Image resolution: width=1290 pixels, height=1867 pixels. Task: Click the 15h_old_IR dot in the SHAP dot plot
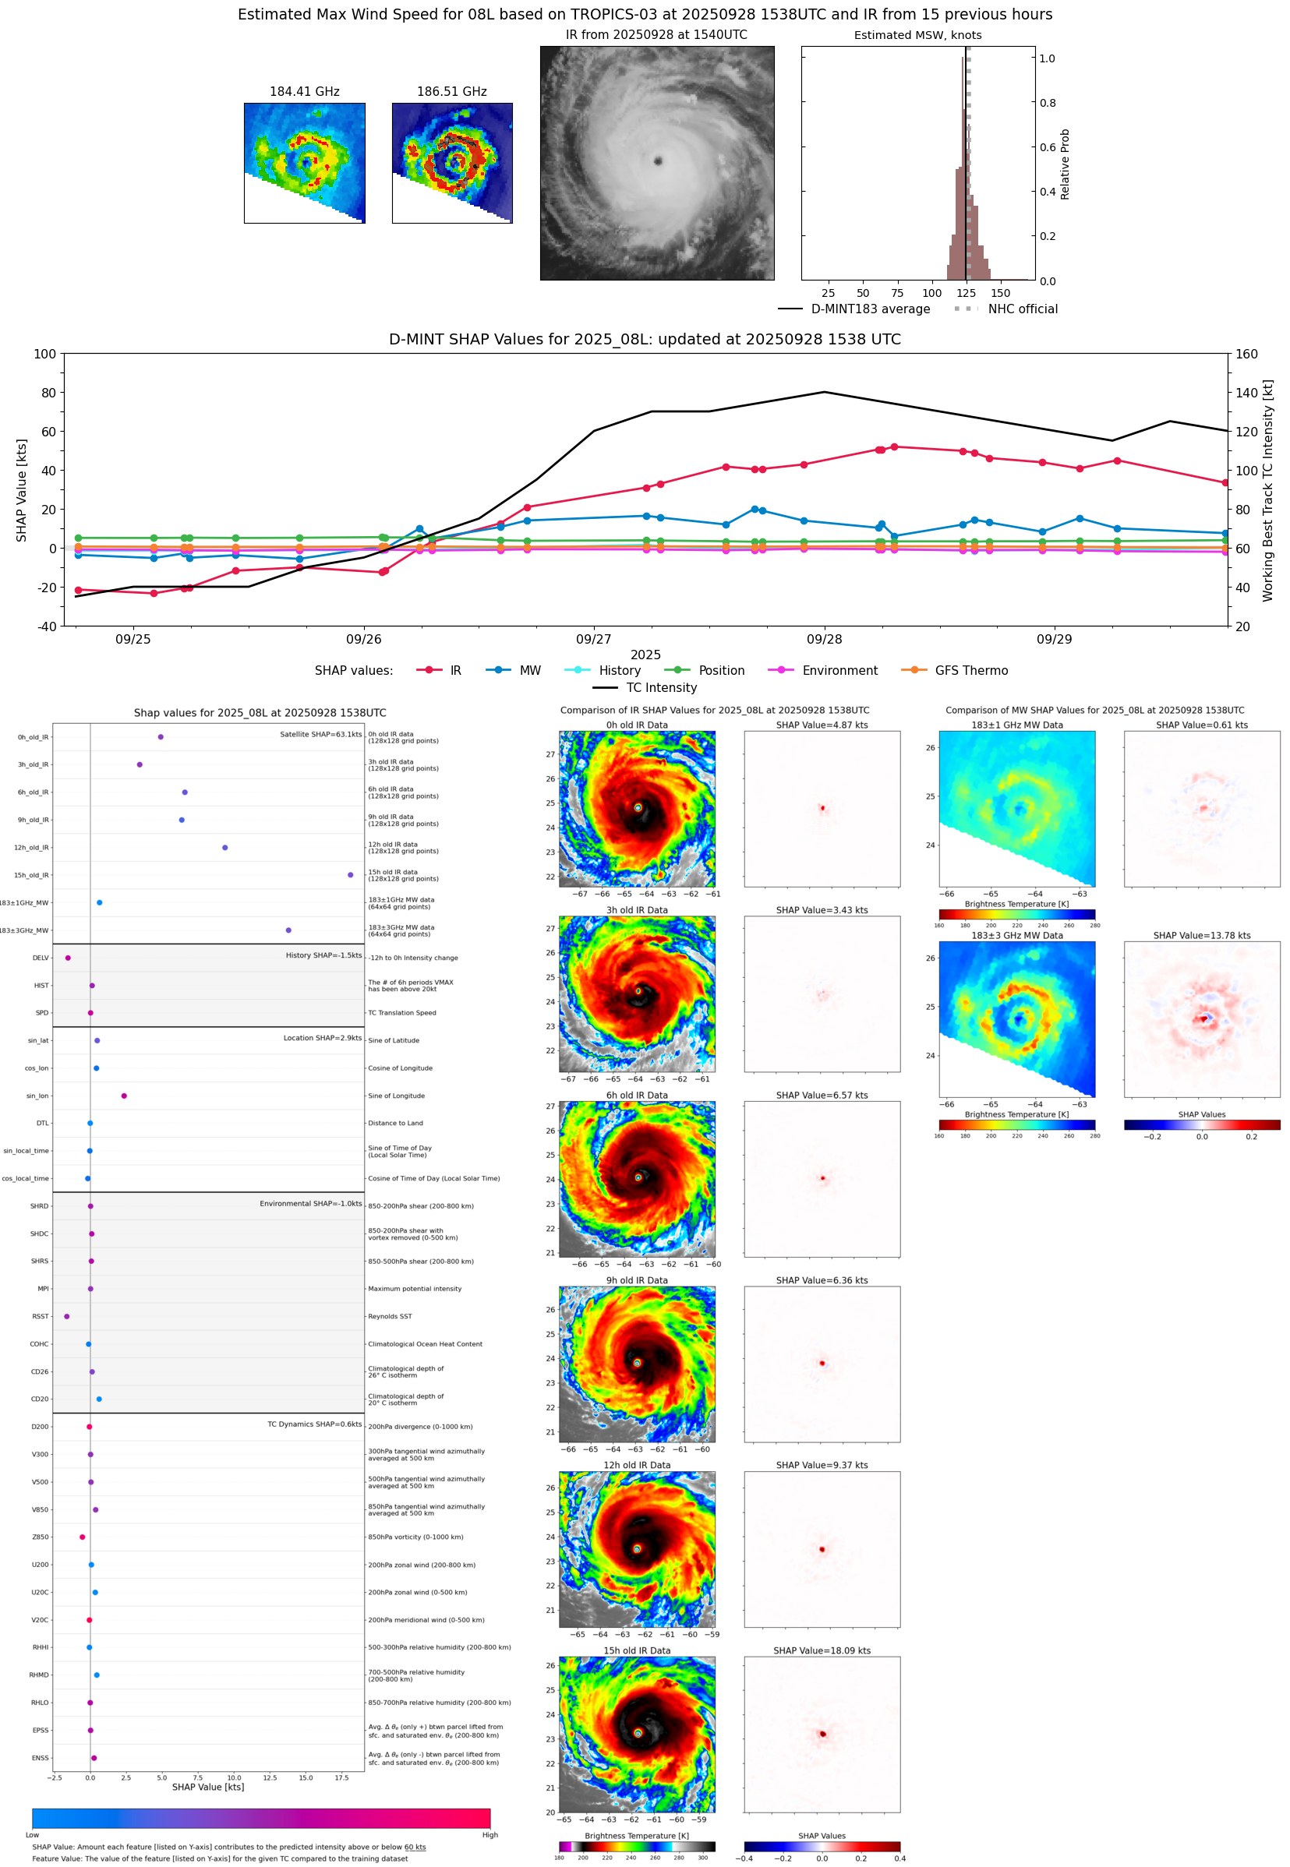(350, 875)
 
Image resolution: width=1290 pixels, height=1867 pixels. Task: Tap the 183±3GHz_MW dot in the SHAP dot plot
(288, 930)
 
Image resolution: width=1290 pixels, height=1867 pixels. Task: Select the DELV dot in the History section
(68, 958)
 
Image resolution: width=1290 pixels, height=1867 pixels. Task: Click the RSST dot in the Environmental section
(67, 1316)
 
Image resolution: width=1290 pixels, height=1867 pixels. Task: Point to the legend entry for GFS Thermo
(970, 671)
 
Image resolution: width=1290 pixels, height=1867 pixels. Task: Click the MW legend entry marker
(499, 671)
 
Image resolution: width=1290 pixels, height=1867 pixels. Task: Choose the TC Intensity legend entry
(660, 687)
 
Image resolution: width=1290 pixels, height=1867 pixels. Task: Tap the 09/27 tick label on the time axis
(593, 639)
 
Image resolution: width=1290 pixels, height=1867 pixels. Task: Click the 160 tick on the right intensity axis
(1246, 354)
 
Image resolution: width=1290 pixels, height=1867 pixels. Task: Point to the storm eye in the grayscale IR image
(658, 161)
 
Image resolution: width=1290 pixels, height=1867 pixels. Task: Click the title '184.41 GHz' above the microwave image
(304, 92)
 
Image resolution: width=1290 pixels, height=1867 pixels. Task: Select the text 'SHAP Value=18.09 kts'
(822, 1650)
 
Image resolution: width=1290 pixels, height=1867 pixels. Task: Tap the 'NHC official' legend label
(1023, 309)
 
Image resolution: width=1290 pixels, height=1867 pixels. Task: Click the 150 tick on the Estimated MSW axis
(1001, 293)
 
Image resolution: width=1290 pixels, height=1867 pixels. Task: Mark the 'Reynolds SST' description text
(390, 1316)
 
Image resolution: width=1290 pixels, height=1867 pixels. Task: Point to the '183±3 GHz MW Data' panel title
(1017, 936)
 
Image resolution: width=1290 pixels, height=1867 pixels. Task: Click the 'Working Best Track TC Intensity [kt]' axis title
(1267, 490)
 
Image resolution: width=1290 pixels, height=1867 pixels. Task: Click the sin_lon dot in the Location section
(124, 1096)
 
